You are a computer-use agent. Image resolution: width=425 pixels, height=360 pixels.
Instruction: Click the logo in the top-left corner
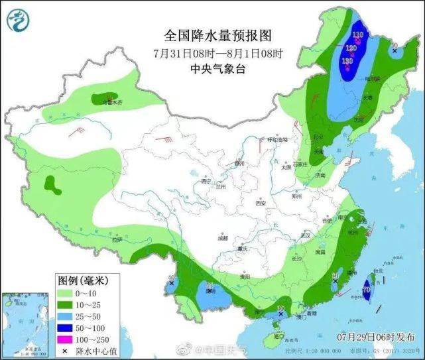tap(19, 21)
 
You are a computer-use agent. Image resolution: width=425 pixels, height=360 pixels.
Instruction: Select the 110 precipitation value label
tap(358, 34)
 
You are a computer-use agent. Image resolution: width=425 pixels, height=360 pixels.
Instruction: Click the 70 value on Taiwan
tap(367, 289)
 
